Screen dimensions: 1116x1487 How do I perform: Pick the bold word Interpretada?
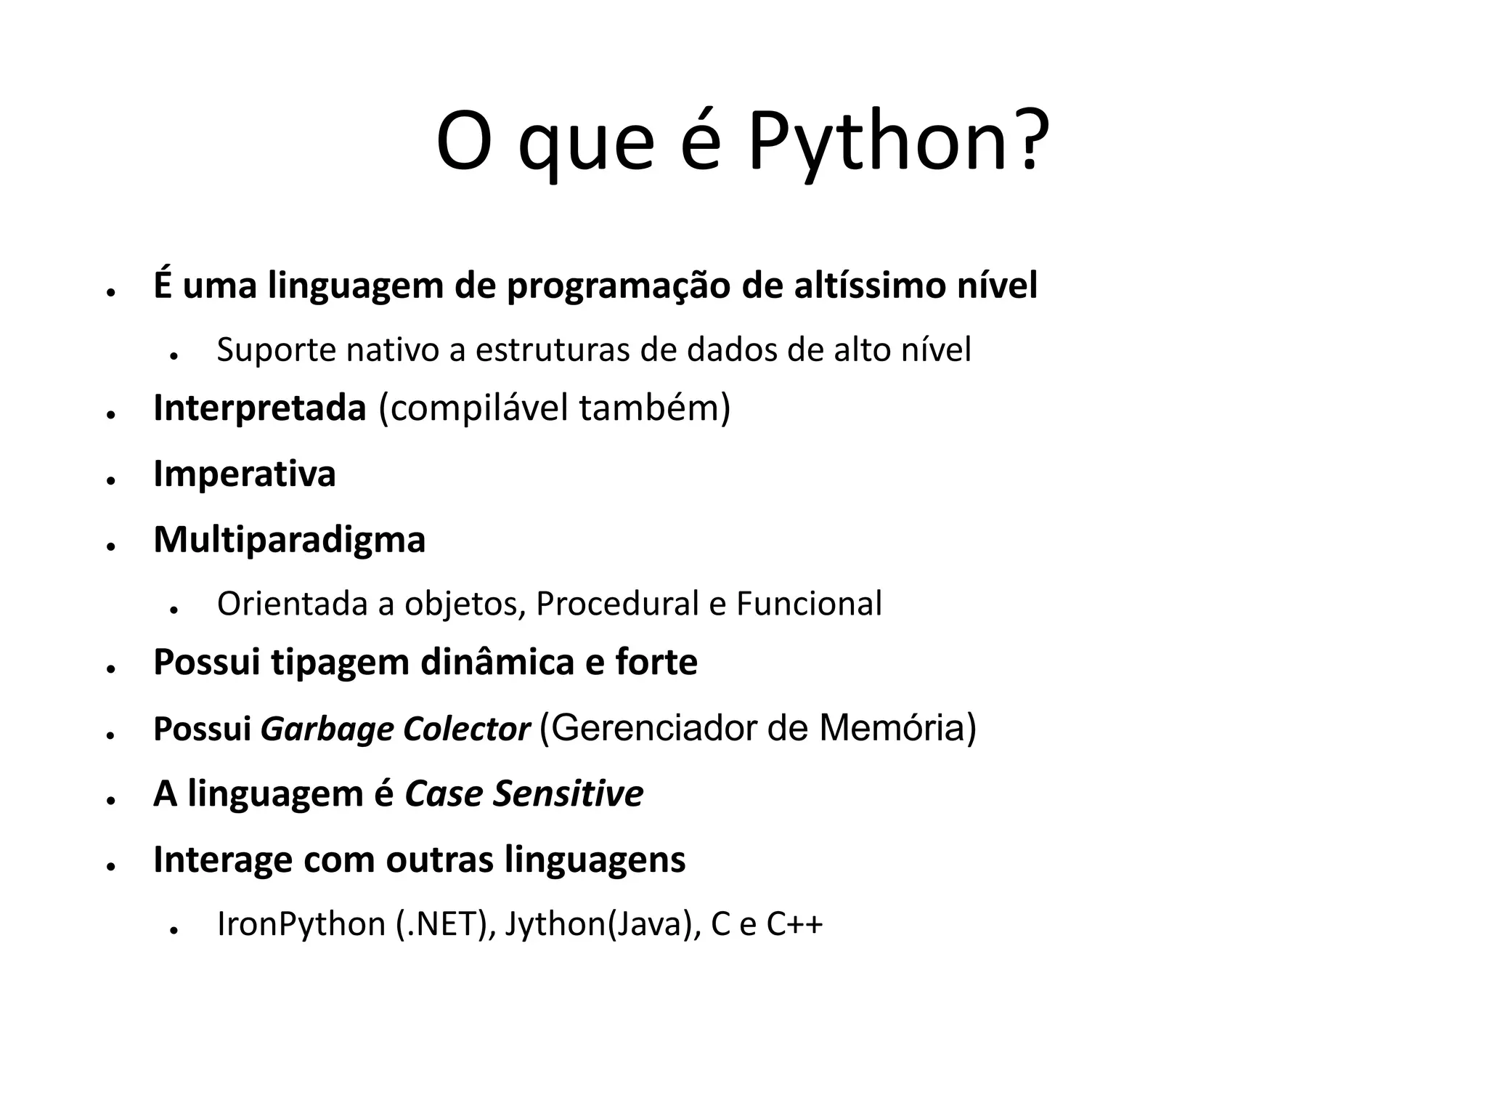[259, 408]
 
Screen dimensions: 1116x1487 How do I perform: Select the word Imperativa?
[244, 474]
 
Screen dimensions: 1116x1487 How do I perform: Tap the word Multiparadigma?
[289, 540]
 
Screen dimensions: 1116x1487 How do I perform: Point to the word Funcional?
[809, 604]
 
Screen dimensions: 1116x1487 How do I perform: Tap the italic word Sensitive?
[568, 794]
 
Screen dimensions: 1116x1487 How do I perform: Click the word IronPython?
[301, 925]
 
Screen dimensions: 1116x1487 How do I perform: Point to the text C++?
[794, 925]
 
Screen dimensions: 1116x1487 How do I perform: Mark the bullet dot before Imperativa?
[111, 481]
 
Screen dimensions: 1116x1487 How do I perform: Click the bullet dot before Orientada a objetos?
[174, 610]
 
